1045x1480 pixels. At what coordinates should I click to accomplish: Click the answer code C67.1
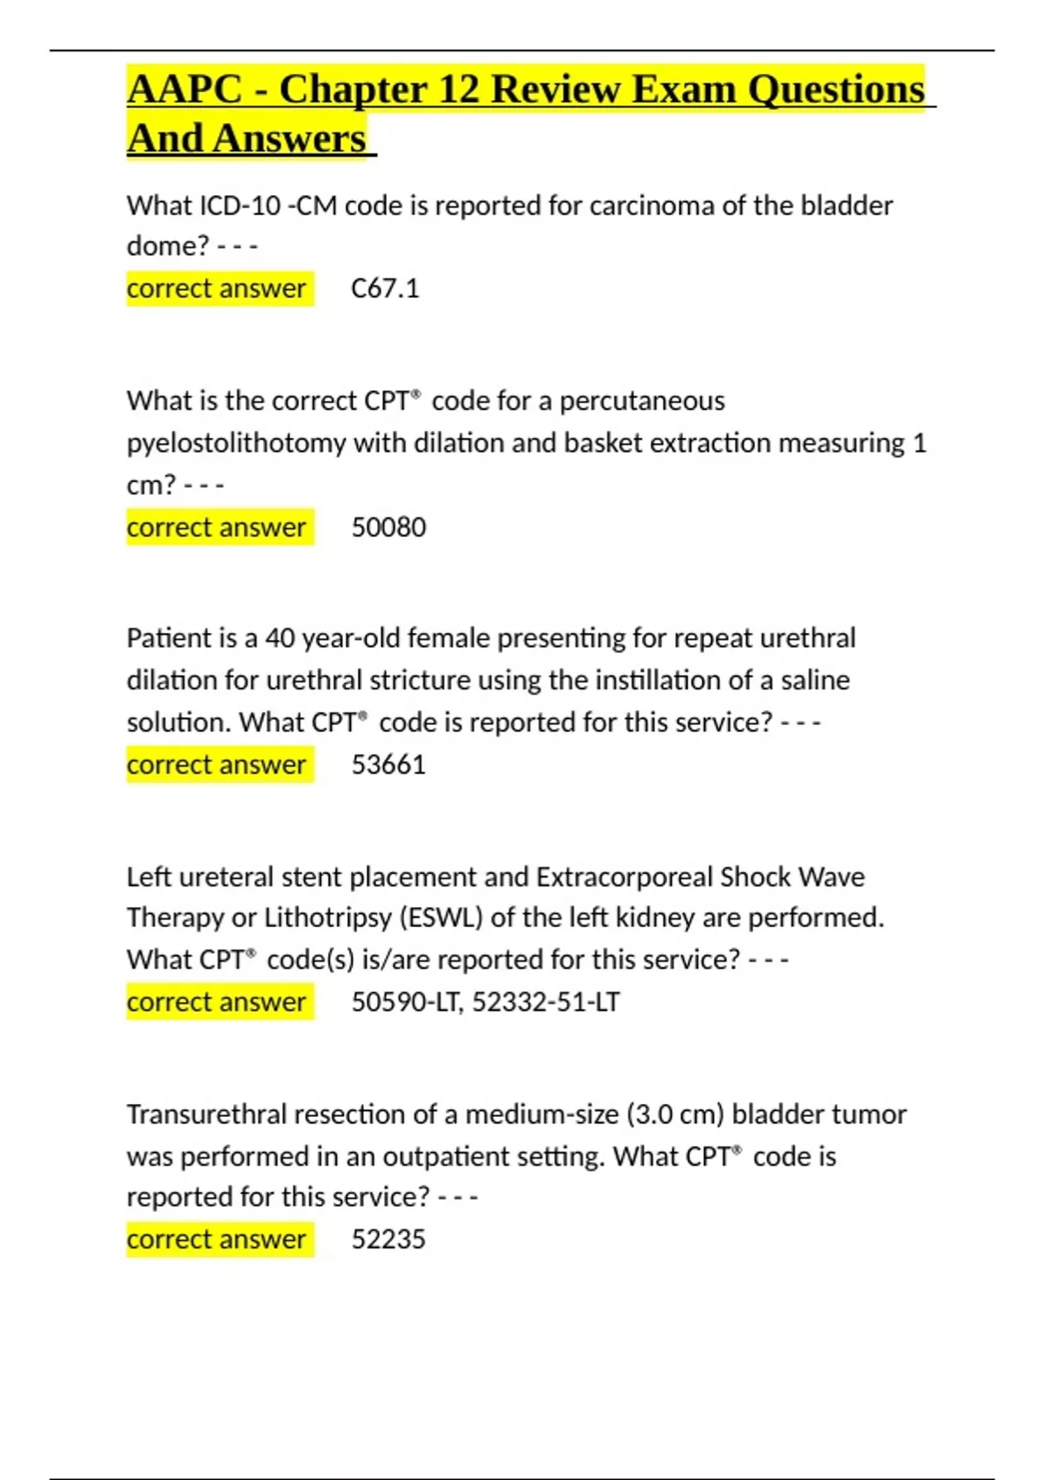(x=385, y=288)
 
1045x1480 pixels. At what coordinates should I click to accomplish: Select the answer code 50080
(x=388, y=527)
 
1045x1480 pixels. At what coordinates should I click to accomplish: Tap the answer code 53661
(x=388, y=764)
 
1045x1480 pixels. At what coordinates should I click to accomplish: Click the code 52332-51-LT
(x=546, y=1002)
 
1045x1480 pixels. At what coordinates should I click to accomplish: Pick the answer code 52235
(x=388, y=1239)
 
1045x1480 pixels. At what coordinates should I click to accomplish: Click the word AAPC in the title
(x=185, y=90)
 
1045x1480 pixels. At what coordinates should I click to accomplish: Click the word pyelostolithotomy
(x=236, y=443)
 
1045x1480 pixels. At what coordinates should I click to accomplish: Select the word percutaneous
(x=642, y=400)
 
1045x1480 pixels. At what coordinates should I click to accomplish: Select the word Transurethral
(x=206, y=1114)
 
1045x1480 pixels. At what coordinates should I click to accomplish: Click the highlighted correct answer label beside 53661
(x=217, y=764)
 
